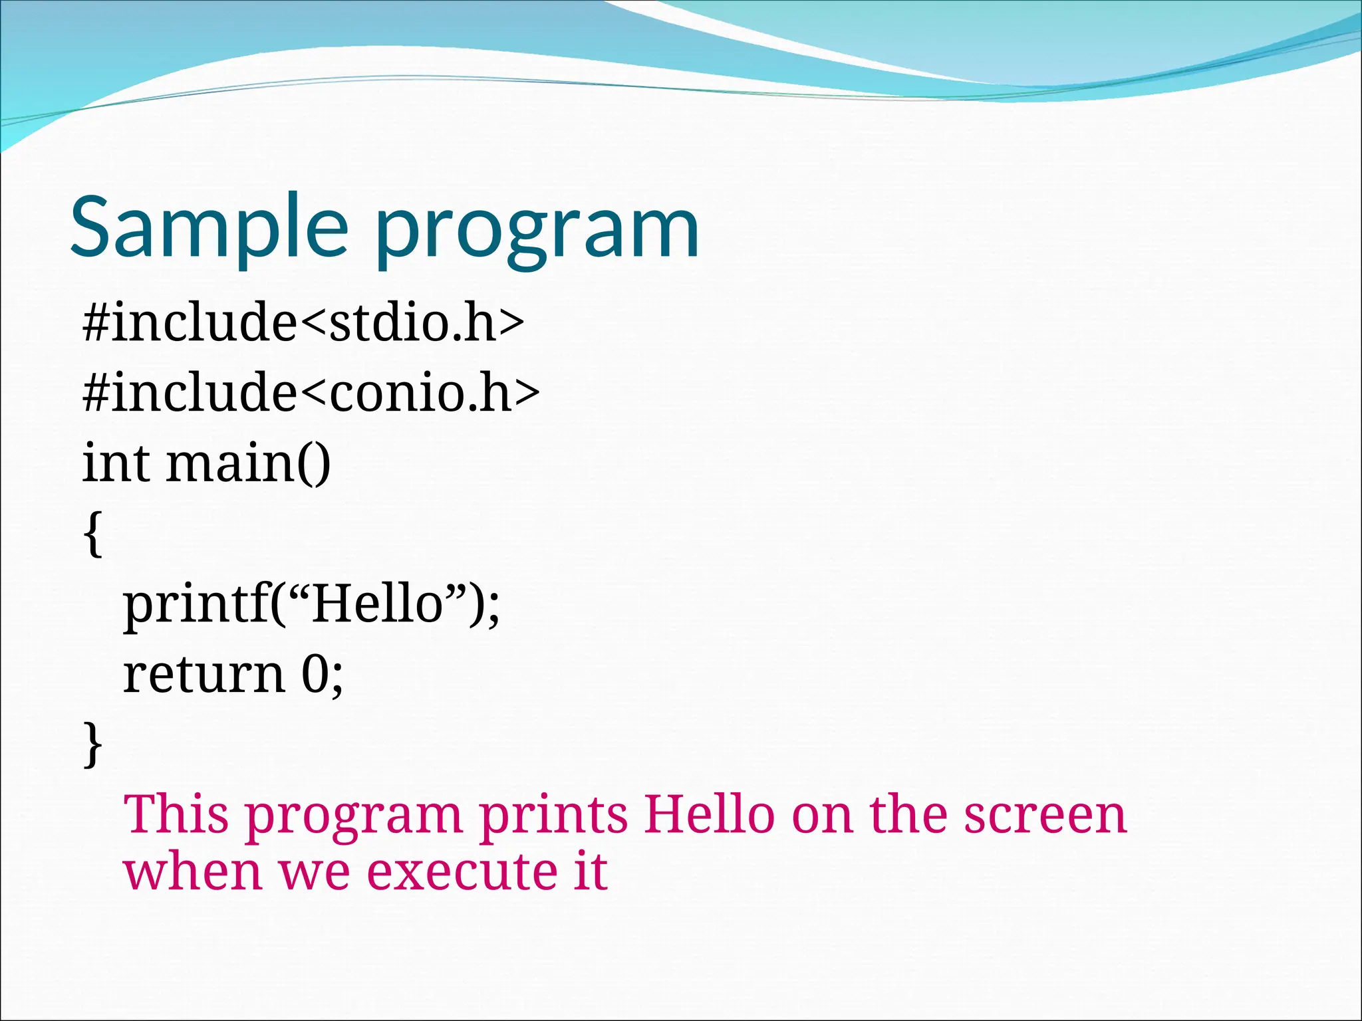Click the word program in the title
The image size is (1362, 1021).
point(537,233)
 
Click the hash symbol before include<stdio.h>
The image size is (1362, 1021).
point(95,322)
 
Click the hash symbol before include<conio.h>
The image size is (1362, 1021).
point(95,393)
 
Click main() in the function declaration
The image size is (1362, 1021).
point(247,464)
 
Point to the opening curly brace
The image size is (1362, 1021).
point(93,533)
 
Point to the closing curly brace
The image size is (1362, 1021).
point(93,744)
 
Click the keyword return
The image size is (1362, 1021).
point(204,675)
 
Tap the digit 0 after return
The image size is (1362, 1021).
point(315,675)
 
